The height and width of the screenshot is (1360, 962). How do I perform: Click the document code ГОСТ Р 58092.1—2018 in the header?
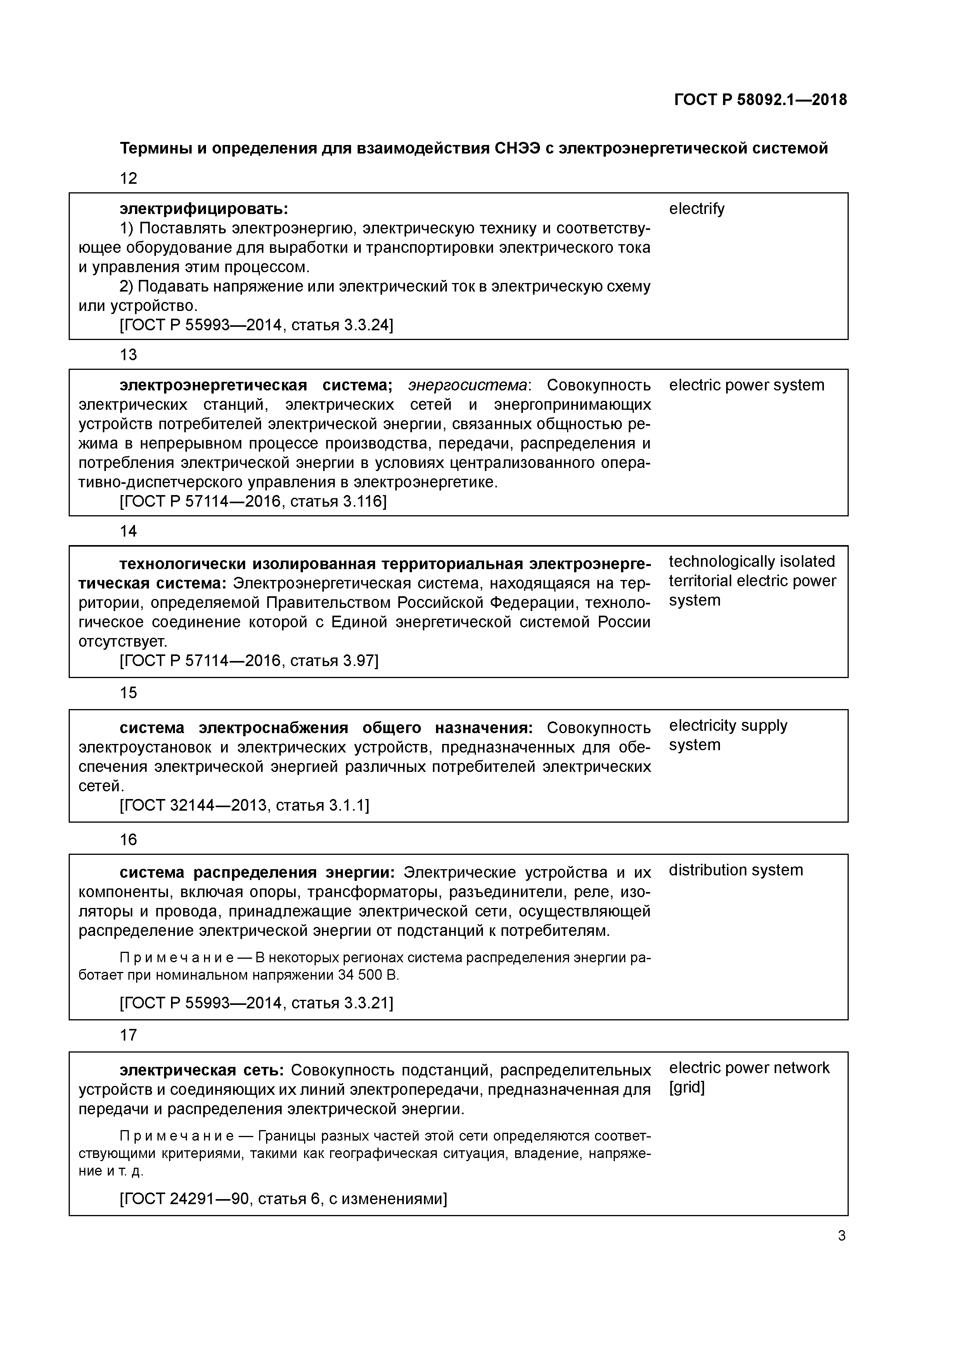click(760, 100)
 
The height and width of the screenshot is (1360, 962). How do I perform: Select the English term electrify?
click(696, 209)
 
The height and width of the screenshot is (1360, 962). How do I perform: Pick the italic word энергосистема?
click(467, 386)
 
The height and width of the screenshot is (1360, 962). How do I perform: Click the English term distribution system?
click(735, 870)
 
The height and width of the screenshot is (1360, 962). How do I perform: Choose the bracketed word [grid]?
click(686, 1087)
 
